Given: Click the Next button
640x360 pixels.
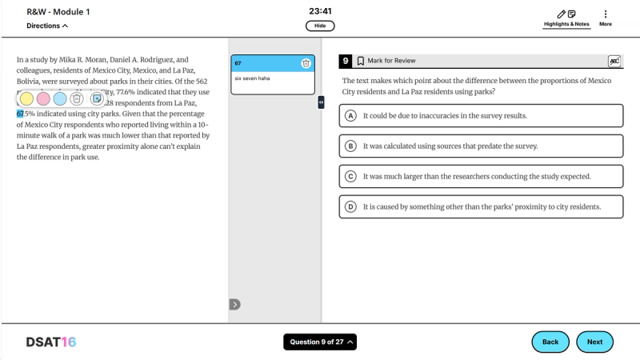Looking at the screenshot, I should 594,342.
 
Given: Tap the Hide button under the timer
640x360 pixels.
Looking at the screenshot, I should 319,26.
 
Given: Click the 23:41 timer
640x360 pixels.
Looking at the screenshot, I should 319,11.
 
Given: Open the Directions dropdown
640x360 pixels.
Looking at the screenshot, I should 47,26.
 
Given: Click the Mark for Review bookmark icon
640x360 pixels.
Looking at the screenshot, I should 361,61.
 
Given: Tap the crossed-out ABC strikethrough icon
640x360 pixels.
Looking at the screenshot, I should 614,61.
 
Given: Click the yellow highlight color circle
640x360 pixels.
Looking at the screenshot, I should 26,98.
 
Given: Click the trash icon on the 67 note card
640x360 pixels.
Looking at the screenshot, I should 306,63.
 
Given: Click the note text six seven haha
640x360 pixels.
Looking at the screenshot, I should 250,78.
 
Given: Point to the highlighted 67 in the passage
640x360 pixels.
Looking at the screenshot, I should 21,114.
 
